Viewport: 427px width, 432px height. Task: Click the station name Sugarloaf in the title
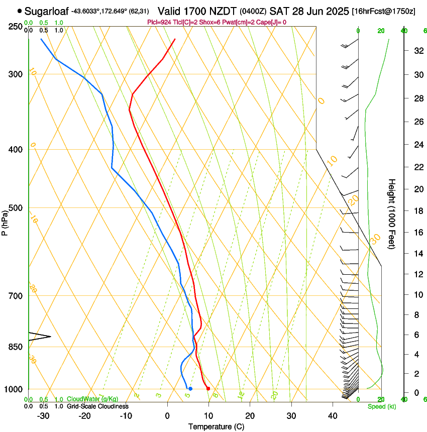[47, 11]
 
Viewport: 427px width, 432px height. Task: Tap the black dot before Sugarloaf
[20, 11]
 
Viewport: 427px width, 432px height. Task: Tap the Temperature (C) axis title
[216, 426]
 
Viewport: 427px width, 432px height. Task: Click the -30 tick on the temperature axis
[43, 415]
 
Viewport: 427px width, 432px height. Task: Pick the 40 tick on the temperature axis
[333, 415]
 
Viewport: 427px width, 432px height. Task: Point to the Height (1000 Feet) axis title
[392, 213]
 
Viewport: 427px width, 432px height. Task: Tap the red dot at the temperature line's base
[208, 389]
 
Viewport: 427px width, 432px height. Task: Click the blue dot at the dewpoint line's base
[190, 389]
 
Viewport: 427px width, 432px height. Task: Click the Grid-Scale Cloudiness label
[97, 406]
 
